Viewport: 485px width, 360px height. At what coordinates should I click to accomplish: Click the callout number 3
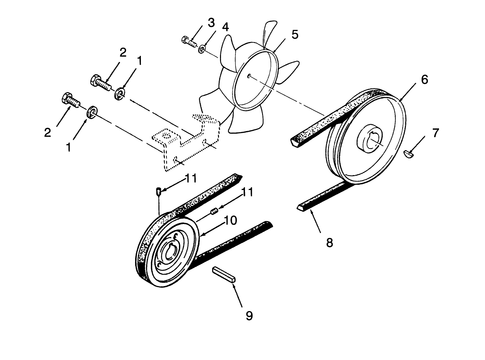pos(211,23)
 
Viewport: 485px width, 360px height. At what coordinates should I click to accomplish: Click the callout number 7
pos(435,133)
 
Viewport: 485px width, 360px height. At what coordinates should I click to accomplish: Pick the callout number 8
pos(329,243)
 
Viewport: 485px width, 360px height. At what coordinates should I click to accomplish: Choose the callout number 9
pos(249,316)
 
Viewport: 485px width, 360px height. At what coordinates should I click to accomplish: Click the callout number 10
pos(231,221)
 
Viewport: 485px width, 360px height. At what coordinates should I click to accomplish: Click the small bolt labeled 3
pos(189,41)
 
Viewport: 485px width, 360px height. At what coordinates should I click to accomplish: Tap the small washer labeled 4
pos(202,50)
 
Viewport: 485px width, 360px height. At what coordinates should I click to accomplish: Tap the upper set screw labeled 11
pos(158,191)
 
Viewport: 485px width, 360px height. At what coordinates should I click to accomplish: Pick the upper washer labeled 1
pos(120,93)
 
